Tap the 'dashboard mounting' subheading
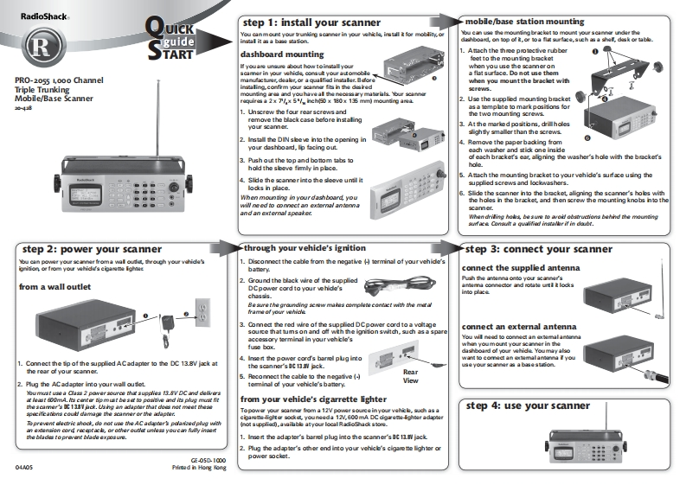point(281,54)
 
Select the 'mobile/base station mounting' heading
point(524,21)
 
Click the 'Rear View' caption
point(411,375)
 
